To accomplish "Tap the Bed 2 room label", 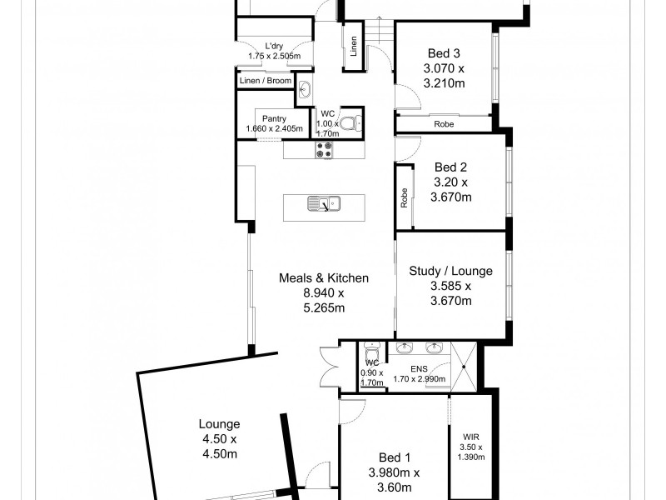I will [452, 167].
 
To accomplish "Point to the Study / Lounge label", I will [450, 271].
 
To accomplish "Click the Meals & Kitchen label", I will [323, 278].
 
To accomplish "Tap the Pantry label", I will [274, 118].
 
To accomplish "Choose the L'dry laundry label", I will [274, 46].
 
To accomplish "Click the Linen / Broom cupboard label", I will [266, 81].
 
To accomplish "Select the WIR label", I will [470, 435].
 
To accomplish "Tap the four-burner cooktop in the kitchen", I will [323, 150].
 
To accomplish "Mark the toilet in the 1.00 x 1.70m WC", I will [355, 124].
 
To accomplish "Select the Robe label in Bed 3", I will [444, 124].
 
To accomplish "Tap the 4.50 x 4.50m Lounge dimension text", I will [219, 447].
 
